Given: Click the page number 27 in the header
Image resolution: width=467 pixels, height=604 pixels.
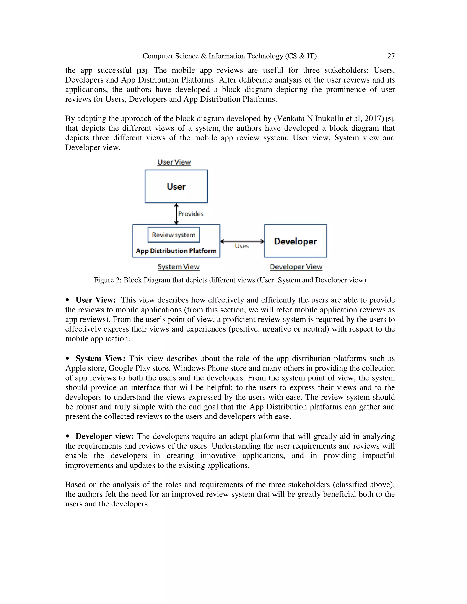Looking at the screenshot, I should point(391,56).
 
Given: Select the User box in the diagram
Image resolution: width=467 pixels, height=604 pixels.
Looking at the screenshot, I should point(176,187).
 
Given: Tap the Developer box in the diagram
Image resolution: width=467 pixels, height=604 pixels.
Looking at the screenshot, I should point(295,241).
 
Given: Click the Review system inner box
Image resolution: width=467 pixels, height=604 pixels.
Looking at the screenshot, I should point(174,235).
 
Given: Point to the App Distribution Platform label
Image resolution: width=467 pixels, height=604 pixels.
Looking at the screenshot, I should point(176,251).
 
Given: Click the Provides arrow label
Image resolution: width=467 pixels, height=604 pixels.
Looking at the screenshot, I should point(191,214).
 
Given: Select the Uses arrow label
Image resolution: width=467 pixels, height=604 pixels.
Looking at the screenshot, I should point(242,246).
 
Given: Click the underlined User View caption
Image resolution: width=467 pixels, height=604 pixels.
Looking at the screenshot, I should point(174,162).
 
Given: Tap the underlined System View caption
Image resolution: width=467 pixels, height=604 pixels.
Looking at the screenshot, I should point(179,267).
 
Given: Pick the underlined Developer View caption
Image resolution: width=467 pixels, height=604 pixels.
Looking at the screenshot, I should point(296,267).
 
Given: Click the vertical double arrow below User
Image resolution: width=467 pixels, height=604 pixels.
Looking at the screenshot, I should point(176,214).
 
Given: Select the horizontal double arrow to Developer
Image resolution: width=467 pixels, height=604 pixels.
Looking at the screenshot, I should point(242,241).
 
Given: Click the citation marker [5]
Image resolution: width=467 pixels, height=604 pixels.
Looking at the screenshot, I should point(389,119).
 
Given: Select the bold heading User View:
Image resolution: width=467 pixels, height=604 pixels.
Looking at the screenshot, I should point(96,300).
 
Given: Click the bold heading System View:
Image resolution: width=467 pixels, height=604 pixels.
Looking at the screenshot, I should point(100,359).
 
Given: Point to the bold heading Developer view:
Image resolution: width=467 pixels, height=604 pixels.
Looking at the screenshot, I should point(105,436).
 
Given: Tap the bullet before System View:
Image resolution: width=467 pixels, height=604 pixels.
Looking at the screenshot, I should point(67,359).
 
